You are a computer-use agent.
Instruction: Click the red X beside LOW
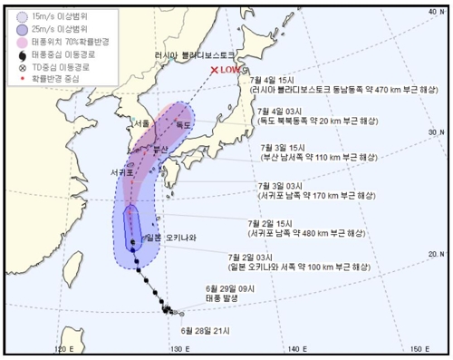click(215, 70)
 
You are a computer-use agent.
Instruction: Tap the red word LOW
click(232, 70)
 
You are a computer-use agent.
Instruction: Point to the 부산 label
click(164, 149)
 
